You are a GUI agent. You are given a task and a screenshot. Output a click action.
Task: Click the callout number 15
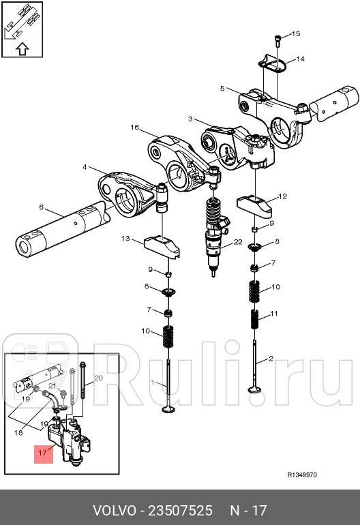coord(296,33)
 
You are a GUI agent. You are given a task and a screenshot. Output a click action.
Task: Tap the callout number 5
coord(222,88)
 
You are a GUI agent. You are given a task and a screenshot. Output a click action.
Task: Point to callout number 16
coord(134,127)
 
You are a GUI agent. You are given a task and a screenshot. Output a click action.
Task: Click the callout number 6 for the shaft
coord(41,207)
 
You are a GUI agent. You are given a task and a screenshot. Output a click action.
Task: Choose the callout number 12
coord(282,196)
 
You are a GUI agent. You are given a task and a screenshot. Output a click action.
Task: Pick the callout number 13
coord(125,238)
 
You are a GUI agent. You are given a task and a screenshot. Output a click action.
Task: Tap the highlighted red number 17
coord(42,451)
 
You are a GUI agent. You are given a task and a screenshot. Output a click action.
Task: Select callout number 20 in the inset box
coord(97,378)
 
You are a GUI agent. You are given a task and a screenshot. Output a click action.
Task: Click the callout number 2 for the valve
coord(271,358)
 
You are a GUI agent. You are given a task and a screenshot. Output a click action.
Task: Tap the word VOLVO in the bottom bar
coord(113,510)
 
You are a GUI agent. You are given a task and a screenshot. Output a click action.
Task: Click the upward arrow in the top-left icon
coord(21,48)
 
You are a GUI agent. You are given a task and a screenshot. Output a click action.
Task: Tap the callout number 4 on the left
coord(85,166)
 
